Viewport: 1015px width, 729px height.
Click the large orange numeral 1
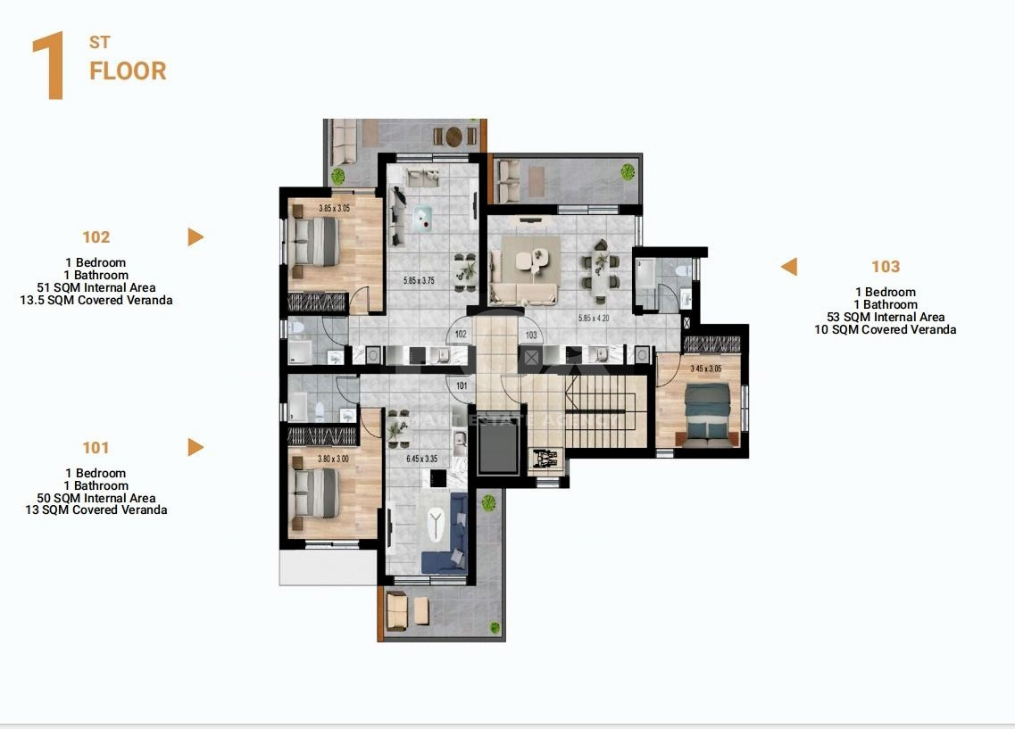coord(48,68)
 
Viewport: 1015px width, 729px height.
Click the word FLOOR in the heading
coord(128,71)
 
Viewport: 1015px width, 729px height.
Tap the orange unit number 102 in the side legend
coord(96,237)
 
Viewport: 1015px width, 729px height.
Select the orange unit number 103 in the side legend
coord(886,267)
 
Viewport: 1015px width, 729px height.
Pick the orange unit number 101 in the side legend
coord(96,448)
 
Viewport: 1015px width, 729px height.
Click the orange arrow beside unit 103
coord(788,267)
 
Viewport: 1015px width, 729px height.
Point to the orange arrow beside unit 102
coord(196,237)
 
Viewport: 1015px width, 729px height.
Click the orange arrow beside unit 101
coord(196,448)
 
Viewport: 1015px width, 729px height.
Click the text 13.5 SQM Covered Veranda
coord(96,301)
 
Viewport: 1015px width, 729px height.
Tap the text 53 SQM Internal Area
coord(886,318)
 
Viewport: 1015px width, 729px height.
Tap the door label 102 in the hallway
coord(461,335)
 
